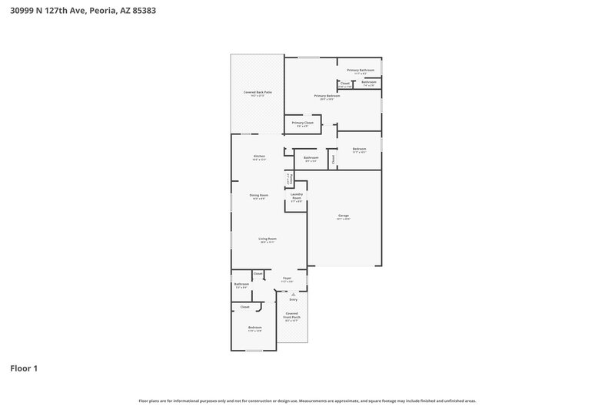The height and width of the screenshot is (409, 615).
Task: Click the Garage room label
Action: [344, 216]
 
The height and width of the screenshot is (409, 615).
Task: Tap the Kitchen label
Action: [260, 157]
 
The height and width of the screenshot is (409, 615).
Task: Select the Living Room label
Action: [267, 239]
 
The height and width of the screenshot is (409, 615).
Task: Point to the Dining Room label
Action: [259, 196]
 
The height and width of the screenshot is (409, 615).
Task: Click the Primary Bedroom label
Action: [327, 96]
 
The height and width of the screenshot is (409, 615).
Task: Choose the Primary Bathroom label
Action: [360, 70]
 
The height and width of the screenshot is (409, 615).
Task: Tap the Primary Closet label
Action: [302, 123]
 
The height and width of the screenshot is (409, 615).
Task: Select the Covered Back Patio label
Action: [258, 92]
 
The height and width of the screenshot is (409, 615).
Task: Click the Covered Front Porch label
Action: [292, 315]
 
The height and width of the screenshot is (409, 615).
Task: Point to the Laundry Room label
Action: [297, 196]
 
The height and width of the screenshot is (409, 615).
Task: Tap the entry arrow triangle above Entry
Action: [293, 294]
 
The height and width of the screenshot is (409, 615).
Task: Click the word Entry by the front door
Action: [293, 299]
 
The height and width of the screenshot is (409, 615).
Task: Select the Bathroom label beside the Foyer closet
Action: [241, 285]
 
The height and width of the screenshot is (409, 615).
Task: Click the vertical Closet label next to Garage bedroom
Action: [333, 160]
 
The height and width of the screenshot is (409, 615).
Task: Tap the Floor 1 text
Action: [24, 368]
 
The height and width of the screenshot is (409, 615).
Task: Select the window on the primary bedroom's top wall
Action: [309, 57]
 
